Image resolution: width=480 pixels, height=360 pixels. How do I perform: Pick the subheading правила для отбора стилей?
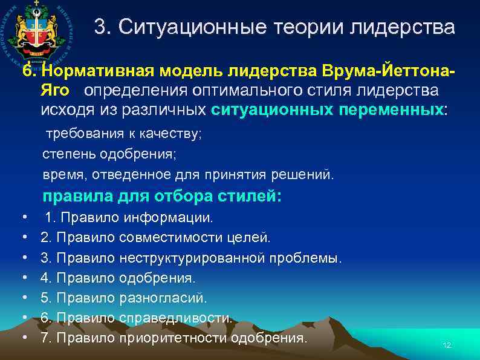(x=161, y=197)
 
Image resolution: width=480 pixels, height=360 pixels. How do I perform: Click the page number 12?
(x=447, y=345)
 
